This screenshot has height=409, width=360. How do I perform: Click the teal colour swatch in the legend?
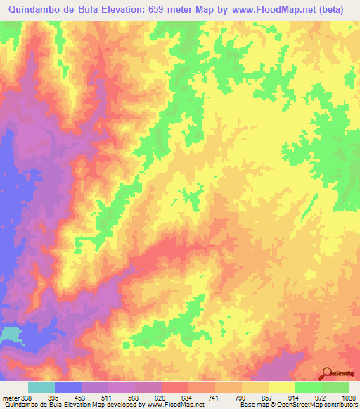(41, 387)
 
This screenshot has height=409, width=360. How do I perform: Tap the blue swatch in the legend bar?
(68, 387)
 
